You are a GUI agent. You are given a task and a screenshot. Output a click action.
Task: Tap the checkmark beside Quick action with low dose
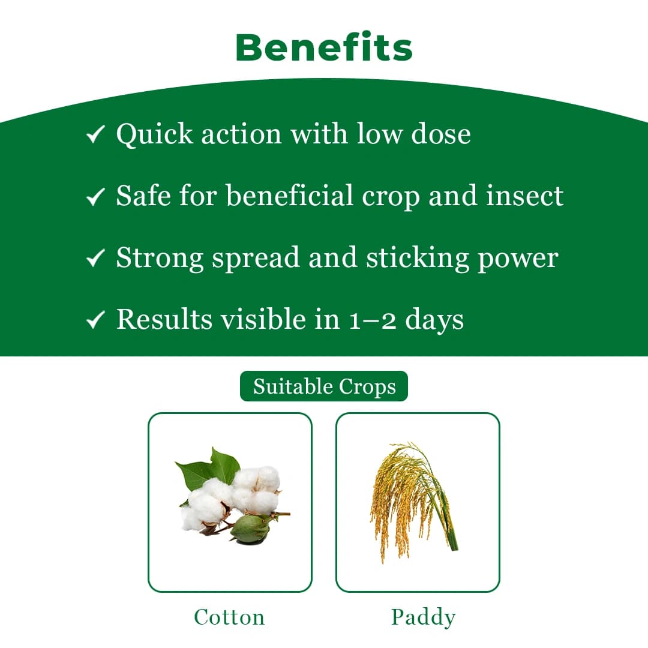click(x=96, y=134)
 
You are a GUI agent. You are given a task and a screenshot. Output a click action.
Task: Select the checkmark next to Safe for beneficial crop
click(x=96, y=197)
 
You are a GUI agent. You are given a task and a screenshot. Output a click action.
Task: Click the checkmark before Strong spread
click(x=96, y=259)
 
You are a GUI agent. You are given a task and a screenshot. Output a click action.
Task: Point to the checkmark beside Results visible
click(x=96, y=320)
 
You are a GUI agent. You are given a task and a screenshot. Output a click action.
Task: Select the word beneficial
click(x=295, y=196)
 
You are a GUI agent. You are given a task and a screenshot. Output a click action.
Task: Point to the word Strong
click(x=159, y=257)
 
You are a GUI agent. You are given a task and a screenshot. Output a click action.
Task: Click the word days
click(x=434, y=320)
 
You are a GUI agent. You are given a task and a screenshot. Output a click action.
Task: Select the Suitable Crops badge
click(x=324, y=386)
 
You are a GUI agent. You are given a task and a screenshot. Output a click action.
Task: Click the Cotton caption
click(x=229, y=617)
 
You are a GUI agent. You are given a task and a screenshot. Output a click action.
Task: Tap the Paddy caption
click(x=423, y=617)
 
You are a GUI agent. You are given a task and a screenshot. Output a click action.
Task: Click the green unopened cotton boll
click(x=250, y=529)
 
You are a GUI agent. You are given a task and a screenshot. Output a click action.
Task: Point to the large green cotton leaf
click(x=198, y=474)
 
